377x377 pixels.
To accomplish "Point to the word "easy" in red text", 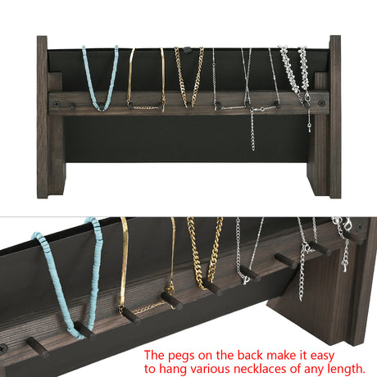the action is coord(322,356).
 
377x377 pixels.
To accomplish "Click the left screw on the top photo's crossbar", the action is coord(57,104).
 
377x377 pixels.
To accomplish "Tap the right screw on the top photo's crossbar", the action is coord(321,103).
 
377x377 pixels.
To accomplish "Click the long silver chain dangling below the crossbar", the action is coord(252,129).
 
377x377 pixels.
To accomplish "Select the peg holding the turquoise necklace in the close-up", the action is coord(84,330).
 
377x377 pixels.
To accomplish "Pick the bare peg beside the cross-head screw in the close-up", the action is coord(38,347).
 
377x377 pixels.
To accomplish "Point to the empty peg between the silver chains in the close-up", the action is coord(285,261).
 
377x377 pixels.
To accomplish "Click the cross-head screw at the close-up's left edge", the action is coord(3,348).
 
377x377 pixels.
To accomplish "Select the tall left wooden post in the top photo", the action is coord(43,117).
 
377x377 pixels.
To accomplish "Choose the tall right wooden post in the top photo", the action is coord(335,116).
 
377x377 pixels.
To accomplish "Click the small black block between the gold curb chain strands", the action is coord(186,50).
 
